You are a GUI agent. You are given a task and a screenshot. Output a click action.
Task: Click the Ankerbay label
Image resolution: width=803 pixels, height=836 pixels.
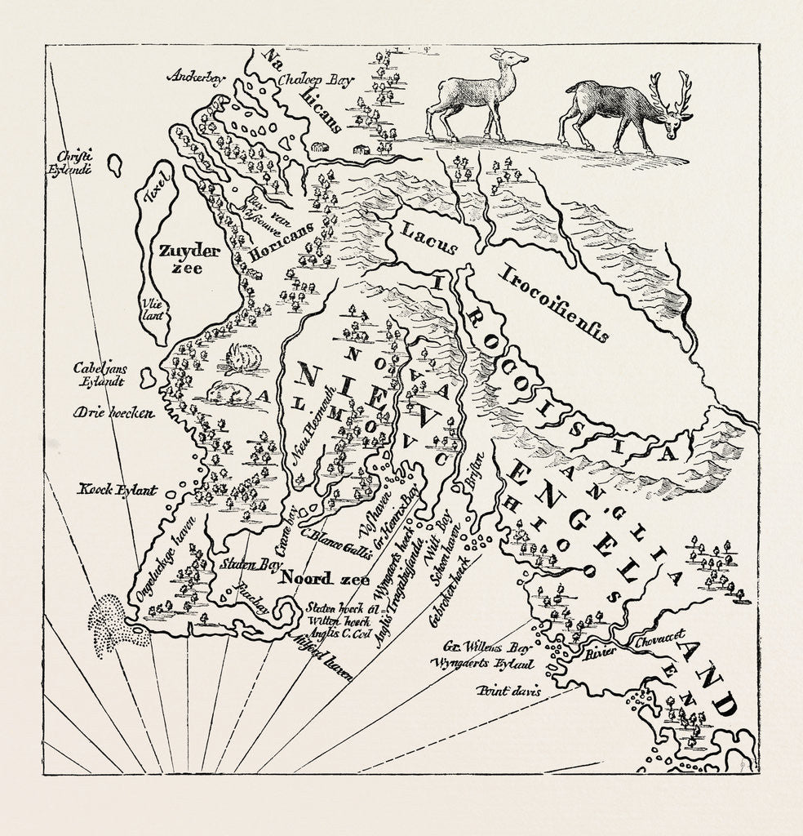click(195, 78)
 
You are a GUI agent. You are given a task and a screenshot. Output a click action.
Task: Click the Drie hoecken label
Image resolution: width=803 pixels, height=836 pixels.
click(113, 413)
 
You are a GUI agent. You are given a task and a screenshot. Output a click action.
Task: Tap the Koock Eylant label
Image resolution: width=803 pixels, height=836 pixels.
click(117, 490)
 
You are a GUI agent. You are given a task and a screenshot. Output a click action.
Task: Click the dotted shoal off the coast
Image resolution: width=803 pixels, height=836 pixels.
click(118, 625)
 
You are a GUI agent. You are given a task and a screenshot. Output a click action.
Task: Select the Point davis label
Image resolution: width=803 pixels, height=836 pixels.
click(509, 691)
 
